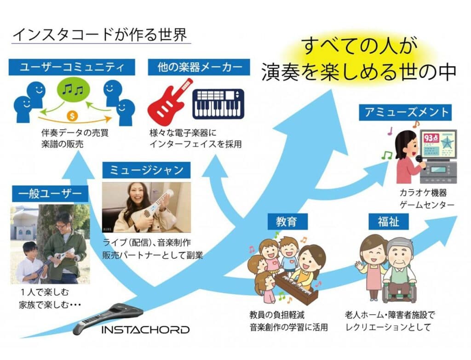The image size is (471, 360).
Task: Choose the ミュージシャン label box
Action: point(146,170)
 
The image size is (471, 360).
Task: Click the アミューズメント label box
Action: point(406,112)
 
